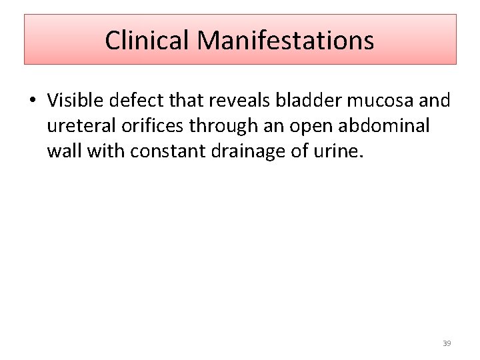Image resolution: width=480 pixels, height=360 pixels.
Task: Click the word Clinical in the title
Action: click(147, 41)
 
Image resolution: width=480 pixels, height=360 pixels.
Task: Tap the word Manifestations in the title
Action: click(285, 41)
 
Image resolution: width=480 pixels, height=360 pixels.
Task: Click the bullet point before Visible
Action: click(31, 101)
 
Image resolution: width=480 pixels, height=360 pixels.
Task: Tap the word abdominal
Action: click(390, 126)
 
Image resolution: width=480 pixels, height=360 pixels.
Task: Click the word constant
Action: click(170, 152)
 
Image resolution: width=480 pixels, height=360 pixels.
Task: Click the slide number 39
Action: click(447, 343)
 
